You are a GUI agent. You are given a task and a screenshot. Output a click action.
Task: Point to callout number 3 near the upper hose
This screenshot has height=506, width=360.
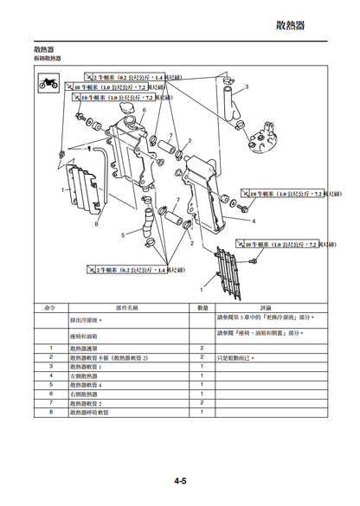click(x=246, y=87)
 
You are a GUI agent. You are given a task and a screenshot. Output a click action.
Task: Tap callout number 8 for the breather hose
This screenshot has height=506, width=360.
click(x=96, y=225)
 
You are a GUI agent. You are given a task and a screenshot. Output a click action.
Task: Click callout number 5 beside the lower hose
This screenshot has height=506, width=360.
click(x=123, y=234)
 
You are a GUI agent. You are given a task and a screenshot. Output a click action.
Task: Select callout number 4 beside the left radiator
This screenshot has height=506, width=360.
click(x=253, y=221)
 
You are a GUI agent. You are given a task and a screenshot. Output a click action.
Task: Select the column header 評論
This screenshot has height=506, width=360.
click(x=267, y=307)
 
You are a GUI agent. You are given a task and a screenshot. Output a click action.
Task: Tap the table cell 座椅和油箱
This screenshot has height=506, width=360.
click(x=85, y=334)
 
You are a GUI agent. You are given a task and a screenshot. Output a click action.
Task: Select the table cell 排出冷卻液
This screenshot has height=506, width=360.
click(x=86, y=319)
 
